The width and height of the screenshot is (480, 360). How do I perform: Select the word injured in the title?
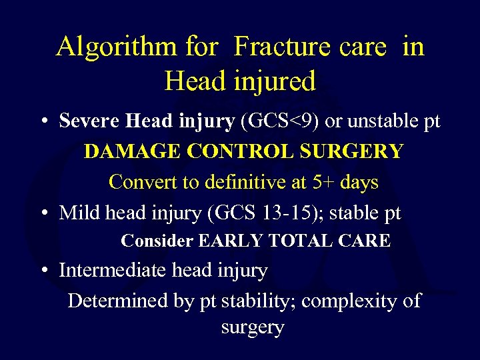(275, 81)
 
